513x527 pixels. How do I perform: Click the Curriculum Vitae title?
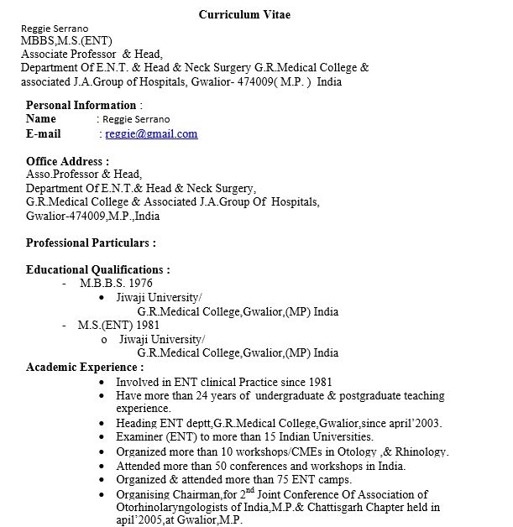[x=245, y=14]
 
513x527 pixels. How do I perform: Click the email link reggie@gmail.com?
[x=151, y=133]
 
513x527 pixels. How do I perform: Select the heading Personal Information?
[x=81, y=105]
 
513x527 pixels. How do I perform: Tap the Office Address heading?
[x=67, y=161]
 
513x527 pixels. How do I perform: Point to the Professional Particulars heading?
[x=91, y=243]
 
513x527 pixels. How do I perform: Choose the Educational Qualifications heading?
[x=97, y=269]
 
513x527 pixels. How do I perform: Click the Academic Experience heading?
[x=84, y=367]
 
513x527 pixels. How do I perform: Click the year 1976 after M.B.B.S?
[x=140, y=284]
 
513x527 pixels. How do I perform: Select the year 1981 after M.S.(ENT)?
[x=148, y=325]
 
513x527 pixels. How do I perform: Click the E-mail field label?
[x=44, y=133]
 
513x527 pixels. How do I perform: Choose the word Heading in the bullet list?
[x=136, y=423]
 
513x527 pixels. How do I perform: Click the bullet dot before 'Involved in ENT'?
[x=102, y=382]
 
